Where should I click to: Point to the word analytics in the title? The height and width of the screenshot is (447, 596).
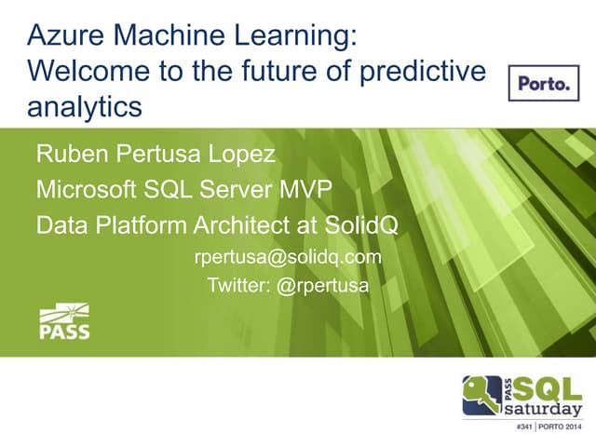pyautogui.click(x=85, y=106)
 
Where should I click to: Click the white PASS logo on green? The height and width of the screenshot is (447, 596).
pyautogui.click(x=63, y=321)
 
